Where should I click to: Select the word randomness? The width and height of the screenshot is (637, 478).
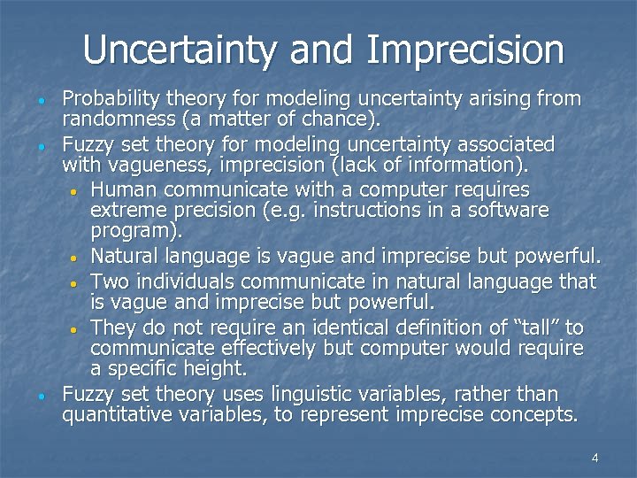coord(113,118)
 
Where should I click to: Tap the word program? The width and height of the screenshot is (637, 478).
coord(134,233)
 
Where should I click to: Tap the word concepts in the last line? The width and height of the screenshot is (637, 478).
coord(533,414)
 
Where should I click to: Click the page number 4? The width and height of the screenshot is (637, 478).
coord(595,458)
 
